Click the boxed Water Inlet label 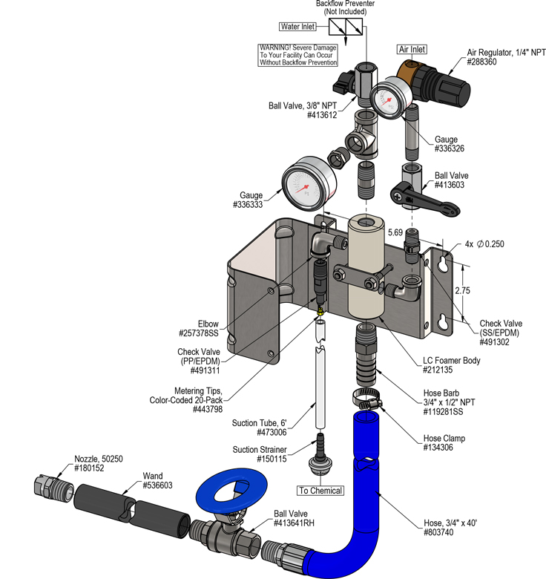coord(297,27)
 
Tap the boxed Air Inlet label coord(412,49)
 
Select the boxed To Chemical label coord(321,491)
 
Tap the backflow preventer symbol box coord(345,28)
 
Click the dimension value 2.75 coord(461,290)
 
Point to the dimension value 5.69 coord(395,232)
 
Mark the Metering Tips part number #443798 coord(209,409)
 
